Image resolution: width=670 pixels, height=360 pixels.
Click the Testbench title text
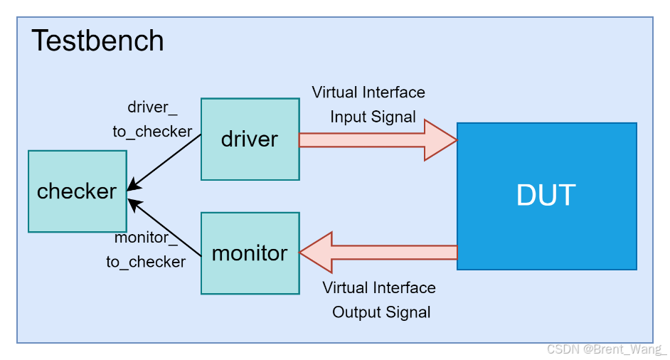click(97, 41)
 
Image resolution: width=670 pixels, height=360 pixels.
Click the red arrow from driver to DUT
click(370, 140)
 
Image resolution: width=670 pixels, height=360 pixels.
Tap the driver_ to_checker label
click(152, 120)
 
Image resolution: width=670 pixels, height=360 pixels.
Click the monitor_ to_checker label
click(146, 249)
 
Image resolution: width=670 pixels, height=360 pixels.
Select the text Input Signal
click(373, 117)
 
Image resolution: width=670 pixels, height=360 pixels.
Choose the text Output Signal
click(381, 312)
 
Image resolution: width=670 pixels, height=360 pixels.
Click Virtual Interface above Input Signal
click(368, 92)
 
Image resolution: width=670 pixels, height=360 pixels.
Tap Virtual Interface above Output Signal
click(379, 288)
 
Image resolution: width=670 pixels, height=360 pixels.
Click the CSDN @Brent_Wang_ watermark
click(607, 349)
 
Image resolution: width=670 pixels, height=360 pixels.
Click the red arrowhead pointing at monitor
click(315, 253)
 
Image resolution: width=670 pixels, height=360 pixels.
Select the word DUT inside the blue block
click(546, 195)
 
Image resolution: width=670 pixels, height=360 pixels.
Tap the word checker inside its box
click(77, 191)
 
